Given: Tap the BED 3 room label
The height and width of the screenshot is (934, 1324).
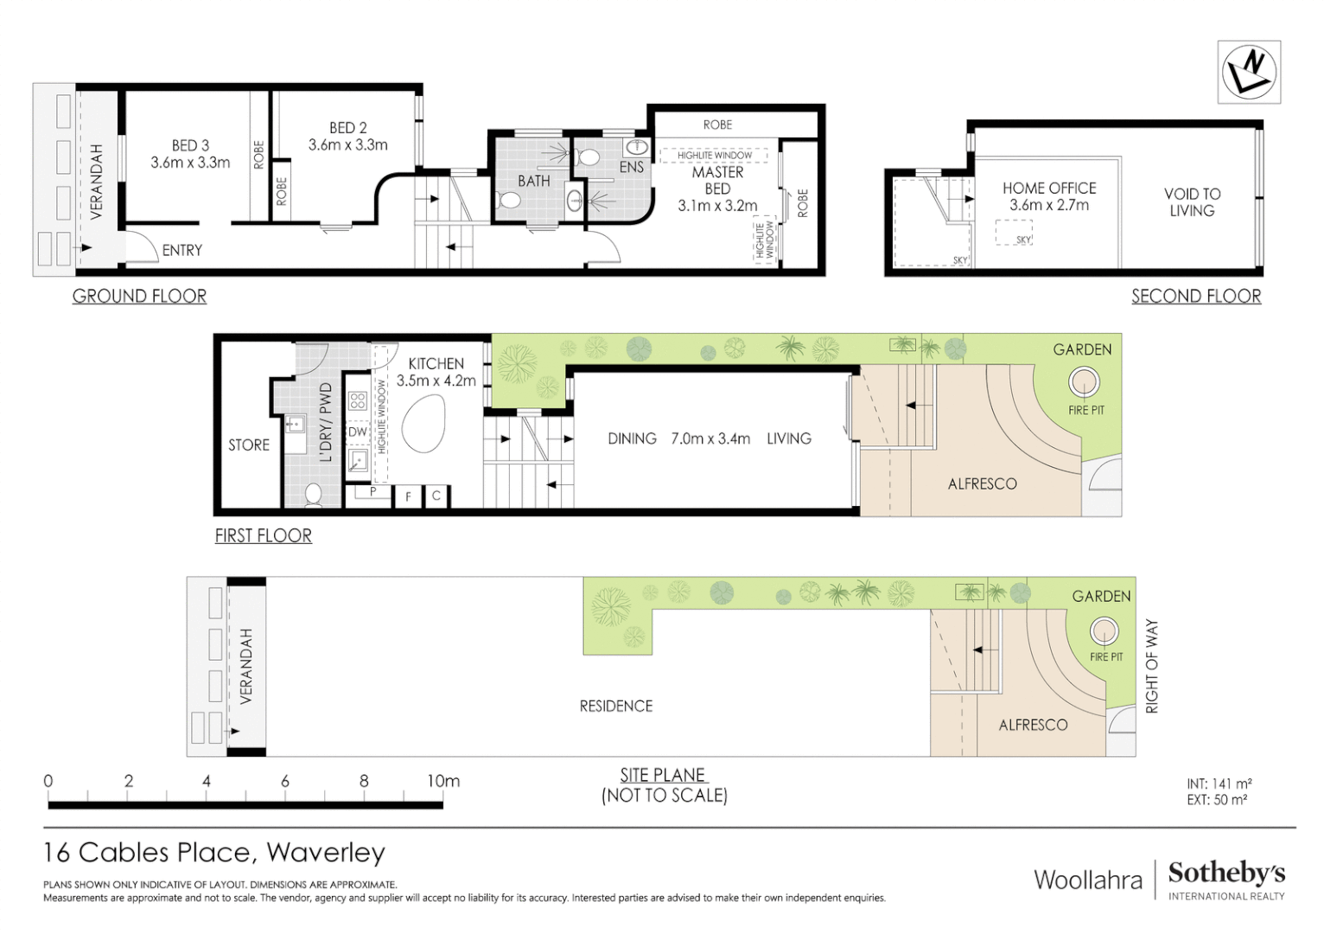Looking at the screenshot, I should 190,145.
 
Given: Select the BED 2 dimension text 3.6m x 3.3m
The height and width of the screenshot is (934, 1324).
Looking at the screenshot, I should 347,145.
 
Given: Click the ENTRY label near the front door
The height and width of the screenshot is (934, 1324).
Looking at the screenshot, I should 181,250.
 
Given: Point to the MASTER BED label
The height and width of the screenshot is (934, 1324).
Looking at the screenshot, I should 717,180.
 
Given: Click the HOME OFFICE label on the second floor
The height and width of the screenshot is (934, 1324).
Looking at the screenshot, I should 1049,188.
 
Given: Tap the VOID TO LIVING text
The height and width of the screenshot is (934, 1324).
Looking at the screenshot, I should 1192,202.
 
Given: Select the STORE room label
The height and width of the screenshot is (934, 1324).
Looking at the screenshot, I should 249,445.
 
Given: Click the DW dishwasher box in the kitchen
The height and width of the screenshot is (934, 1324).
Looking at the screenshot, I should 357,432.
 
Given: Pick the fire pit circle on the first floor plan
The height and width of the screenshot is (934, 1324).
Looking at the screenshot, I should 1084,381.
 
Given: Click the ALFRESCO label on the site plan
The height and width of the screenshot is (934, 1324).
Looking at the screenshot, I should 1033,725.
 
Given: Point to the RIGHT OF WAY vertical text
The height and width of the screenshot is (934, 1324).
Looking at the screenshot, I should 1151,666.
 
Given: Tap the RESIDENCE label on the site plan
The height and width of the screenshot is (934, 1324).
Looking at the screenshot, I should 615,706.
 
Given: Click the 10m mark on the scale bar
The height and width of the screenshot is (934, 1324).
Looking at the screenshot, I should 442,781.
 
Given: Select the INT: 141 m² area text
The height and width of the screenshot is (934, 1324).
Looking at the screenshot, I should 1219,784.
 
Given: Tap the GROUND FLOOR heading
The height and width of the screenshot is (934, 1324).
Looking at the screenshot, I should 139,296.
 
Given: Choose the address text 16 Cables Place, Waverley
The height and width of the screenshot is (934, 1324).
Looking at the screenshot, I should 213,853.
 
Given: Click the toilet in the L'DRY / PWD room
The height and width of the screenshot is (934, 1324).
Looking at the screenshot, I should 313,495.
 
